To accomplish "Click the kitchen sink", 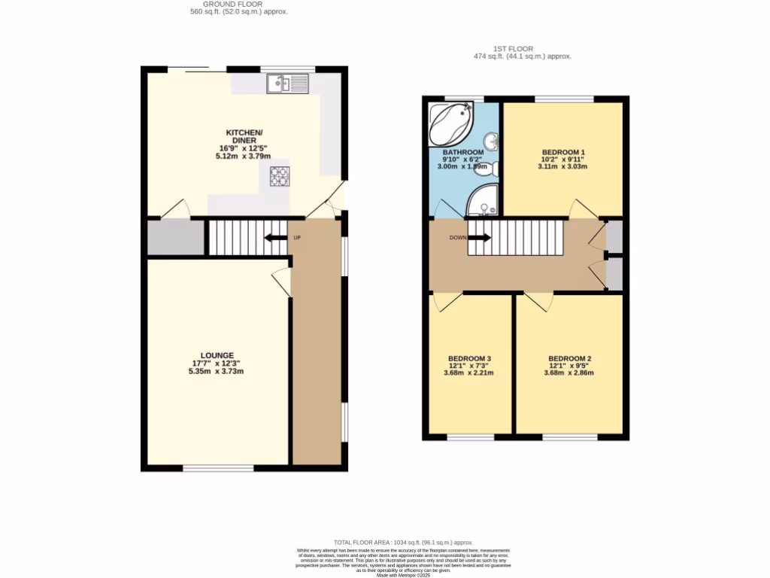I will pos(286,83).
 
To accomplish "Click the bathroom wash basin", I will pos(490,141).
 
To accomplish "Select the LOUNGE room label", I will pos(217,355).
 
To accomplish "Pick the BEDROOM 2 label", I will pos(569,358).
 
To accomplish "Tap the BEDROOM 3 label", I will pos(469,358).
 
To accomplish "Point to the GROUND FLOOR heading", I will pos(238,4).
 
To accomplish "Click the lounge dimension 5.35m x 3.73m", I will pos(217,372).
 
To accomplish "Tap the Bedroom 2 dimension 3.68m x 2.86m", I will pos(569,373).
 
